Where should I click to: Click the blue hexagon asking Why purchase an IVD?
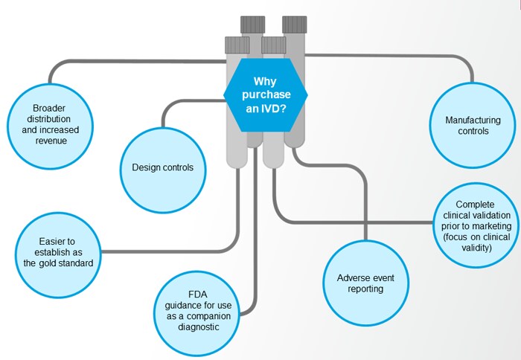pos(266,94)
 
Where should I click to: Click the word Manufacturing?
pos(473,120)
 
